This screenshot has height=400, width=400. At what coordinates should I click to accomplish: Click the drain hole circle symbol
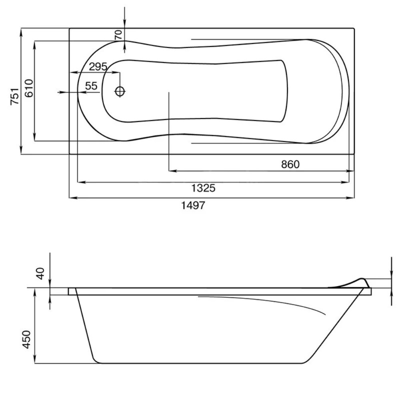coord(120,91)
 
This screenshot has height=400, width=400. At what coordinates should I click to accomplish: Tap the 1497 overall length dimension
coord(193,205)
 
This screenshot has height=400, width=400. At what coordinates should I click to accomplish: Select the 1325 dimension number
coord(203,188)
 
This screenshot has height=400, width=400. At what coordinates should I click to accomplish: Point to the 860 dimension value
coord(290,164)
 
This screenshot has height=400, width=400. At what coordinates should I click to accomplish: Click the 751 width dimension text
coord(15,96)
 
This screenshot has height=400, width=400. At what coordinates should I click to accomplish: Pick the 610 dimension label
coord(29,88)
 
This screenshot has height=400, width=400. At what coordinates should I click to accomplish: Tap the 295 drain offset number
coord(98,66)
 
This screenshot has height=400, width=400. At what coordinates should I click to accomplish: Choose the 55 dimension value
coord(91,86)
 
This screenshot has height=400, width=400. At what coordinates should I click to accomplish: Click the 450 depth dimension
coord(26,339)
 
